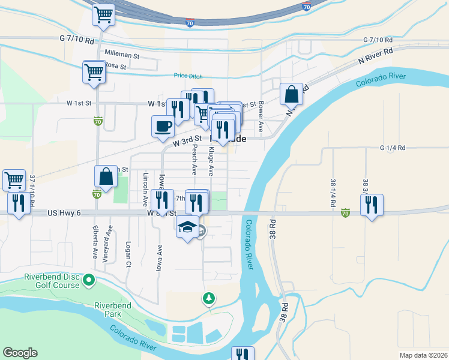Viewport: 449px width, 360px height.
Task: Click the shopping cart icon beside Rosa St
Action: (x=94, y=72)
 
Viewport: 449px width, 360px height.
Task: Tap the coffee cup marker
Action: (x=163, y=127)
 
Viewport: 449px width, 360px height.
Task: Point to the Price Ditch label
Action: (x=188, y=76)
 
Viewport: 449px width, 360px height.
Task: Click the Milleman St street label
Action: (x=122, y=55)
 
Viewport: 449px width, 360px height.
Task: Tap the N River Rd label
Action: (x=375, y=57)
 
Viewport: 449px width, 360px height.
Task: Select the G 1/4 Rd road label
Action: (x=393, y=148)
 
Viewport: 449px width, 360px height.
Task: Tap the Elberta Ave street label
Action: (x=95, y=242)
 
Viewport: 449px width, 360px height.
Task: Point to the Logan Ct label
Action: (x=128, y=255)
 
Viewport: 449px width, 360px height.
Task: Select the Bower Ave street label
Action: (x=261, y=116)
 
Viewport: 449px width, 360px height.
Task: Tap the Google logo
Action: (x=20, y=353)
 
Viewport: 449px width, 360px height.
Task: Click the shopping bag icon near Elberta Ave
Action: (x=106, y=177)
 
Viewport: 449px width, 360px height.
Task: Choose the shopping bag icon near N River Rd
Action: (x=291, y=94)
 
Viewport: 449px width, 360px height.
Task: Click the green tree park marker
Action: (x=209, y=298)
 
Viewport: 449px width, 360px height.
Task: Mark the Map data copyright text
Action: (x=423, y=355)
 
